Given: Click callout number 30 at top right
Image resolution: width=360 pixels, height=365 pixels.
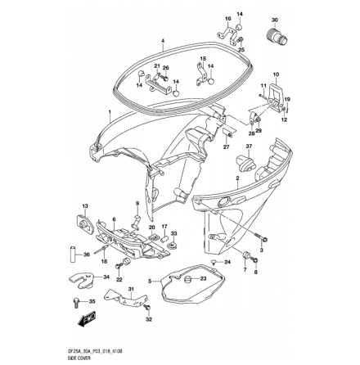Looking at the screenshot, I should coord(274,19).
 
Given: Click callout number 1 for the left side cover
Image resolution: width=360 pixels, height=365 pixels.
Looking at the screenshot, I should coord(110,109).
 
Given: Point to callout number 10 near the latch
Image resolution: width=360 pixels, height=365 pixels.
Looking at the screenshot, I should coord(276,74).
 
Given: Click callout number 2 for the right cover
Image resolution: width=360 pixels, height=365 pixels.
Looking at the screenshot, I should coord(236,178).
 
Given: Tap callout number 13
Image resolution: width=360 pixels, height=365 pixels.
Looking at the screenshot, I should coord(85,207).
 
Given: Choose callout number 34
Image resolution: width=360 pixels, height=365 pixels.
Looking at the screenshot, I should coord(107,277).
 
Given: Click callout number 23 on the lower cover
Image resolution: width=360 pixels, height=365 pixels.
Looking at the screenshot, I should coord(203,277).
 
